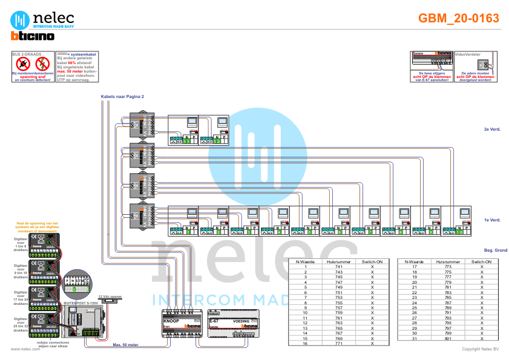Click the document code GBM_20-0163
coord(458,19)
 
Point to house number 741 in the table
coord(338,267)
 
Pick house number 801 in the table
coord(448,338)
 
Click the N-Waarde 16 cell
coord(306,344)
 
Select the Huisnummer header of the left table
coord(338,261)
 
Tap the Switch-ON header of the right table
coord(482,261)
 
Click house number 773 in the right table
coord(448,267)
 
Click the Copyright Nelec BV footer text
coord(480,349)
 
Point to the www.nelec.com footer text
coord(22,349)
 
